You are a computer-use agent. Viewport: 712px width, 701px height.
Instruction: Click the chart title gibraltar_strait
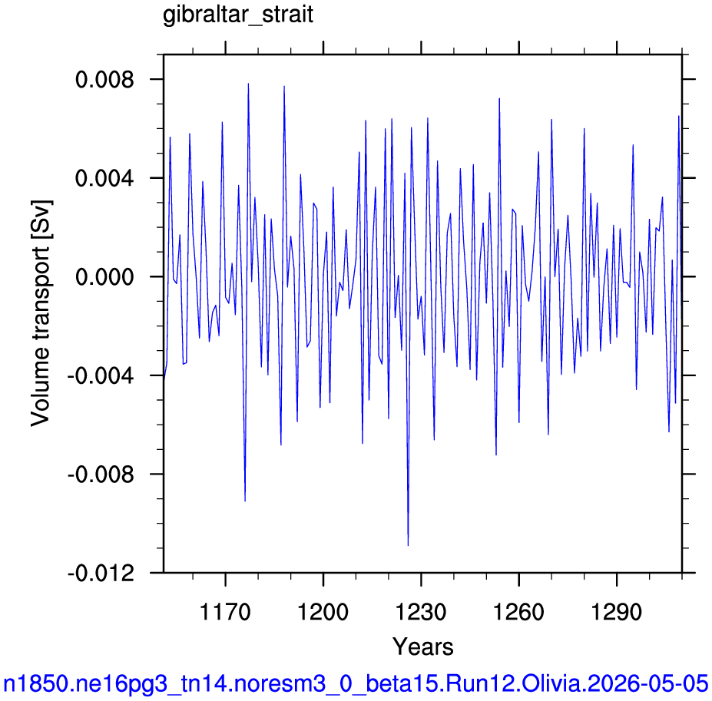click(x=238, y=15)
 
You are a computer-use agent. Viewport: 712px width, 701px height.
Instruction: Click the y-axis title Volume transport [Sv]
click(x=41, y=313)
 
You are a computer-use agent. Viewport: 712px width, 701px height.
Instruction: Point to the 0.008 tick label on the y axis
click(x=105, y=79)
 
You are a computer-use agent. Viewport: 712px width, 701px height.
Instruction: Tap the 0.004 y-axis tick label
click(x=105, y=178)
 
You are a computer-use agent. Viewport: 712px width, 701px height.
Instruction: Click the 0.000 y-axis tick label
click(x=105, y=276)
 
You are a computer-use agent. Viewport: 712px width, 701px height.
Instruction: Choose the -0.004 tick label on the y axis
click(x=101, y=375)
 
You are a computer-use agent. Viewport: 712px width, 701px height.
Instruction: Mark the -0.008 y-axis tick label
click(x=101, y=474)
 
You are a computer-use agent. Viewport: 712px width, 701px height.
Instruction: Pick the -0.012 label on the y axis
click(x=101, y=573)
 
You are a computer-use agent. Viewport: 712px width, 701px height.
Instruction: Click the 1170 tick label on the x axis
click(x=225, y=612)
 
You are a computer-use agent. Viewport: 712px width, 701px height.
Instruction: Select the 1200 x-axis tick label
click(x=323, y=612)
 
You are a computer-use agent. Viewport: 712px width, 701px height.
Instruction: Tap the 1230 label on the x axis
click(x=421, y=612)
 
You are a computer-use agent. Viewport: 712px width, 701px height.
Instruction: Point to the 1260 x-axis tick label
click(x=518, y=612)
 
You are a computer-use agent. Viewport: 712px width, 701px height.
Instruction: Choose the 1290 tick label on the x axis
click(x=617, y=612)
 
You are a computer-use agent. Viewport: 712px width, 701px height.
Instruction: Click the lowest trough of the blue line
click(x=408, y=545)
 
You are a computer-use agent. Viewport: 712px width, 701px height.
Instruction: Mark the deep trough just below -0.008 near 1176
click(x=245, y=501)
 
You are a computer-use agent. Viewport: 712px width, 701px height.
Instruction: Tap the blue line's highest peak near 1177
click(x=248, y=84)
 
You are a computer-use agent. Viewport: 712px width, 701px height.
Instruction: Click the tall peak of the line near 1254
click(x=499, y=98)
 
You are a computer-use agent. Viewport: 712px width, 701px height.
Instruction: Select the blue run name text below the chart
click(x=356, y=683)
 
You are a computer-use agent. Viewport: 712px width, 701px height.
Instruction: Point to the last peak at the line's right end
click(x=679, y=116)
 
